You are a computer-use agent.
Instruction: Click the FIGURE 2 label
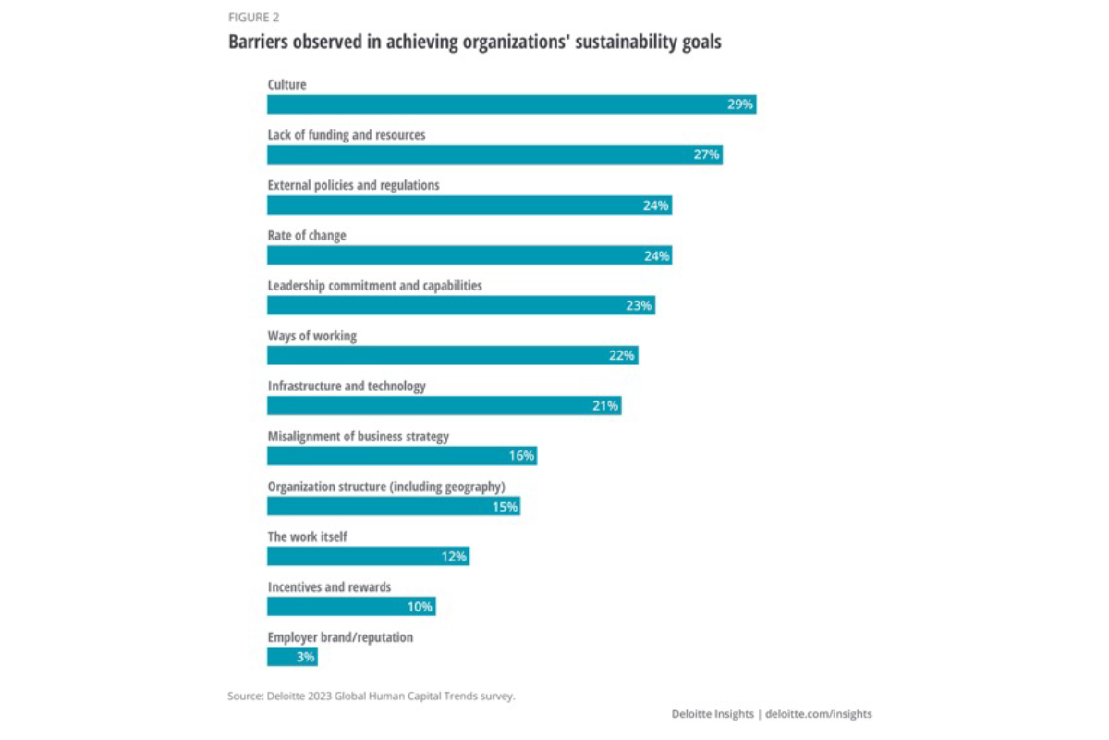[253, 17]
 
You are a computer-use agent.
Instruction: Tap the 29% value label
[740, 105]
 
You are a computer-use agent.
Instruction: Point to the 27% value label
[706, 154]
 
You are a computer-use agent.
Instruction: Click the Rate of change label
[307, 236]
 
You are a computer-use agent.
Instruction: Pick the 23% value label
[639, 305]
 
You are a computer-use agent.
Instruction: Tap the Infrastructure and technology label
[347, 386]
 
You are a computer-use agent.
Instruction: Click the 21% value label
[605, 406]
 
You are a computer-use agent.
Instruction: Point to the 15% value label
[505, 506]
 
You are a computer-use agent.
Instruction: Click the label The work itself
[308, 536]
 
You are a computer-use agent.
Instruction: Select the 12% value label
[454, 556]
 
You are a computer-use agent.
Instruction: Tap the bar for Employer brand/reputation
[280, 657]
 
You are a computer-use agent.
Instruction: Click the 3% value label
[306, 657]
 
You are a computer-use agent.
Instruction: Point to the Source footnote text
[371, 696]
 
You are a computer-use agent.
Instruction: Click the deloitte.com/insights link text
[819, 714]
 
